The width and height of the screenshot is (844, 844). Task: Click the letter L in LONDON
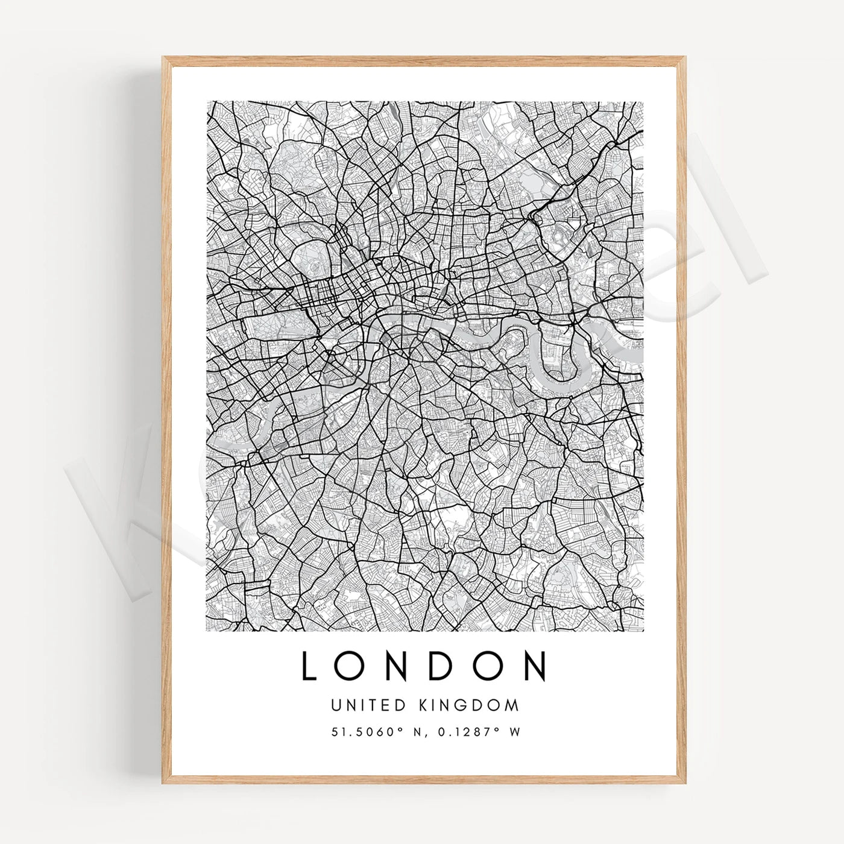click(309, 666)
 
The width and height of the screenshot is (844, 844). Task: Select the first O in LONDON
click(351, 666)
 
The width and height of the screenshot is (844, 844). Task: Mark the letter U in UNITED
click(335, 705)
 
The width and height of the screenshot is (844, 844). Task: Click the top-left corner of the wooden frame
click(163, 58)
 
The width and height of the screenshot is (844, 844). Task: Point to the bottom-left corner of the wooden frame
click(163, 782)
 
